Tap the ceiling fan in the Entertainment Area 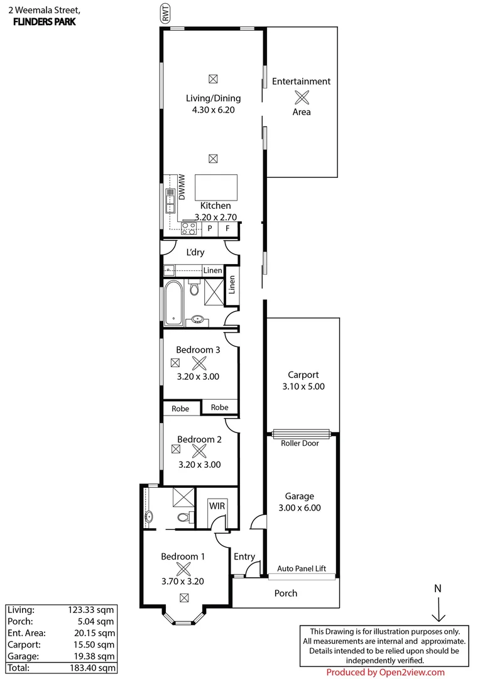coord(302,97)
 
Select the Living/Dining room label coord(213,98)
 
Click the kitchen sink coord(170,199)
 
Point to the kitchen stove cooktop coord(188,229)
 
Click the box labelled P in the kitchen coord(210,229)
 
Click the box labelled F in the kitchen coord(227,229)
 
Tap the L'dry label coord(195,253)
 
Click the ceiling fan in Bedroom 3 coord(199,363)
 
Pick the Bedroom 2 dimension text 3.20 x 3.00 coord(199,465)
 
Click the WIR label coord(216,505)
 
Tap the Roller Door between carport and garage coord(302,434)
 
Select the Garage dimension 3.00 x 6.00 coord(300,507)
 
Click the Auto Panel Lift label coord(302,568)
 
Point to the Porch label coord(286,593)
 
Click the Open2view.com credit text coord(385,672)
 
